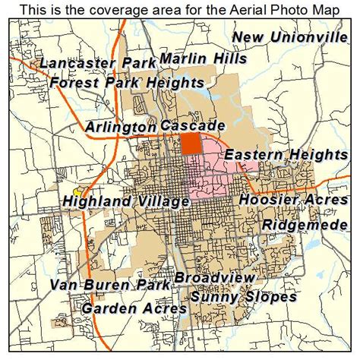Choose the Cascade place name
click(x=193, y=125)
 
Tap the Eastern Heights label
click(x=286, y=155)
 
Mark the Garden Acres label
click(x=134, y=309)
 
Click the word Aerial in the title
click(x=233, y=10)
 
